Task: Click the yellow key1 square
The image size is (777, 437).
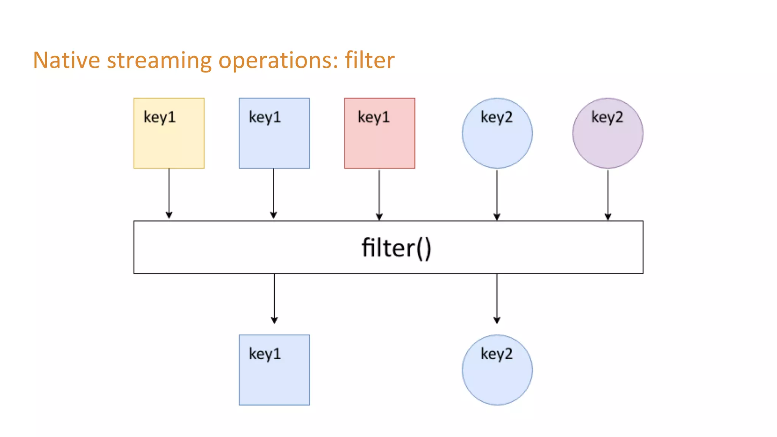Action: click(169, 140)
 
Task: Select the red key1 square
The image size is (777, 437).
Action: click(379, 140)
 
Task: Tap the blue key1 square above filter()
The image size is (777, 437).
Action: click(274, 140)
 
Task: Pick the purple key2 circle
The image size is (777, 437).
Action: click(607, 140)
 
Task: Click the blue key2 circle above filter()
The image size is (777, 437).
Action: click(497, 140)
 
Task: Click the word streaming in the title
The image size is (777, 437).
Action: click(159, 61)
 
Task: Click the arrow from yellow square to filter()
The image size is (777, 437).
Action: click(169, 193)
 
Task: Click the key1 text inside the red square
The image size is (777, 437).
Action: click(374, 117)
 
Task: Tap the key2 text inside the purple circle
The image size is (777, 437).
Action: click(607, 117)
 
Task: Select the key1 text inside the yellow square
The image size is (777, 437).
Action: click(159, 117)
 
